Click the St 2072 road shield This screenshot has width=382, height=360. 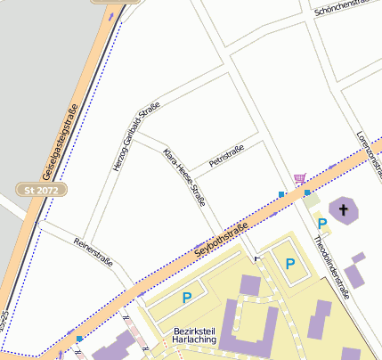(x=41, y=189)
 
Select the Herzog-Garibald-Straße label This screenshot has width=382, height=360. (x=135, y=136)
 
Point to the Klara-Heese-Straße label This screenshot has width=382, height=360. (x=185, y=177)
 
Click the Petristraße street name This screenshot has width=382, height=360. (x=225, y=157)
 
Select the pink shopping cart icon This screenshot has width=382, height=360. (x=299, y=179)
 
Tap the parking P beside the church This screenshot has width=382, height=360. (x=321, y=224)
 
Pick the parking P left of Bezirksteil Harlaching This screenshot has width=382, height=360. (x=186, y=298)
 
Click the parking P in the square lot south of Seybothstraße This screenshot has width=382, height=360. (x=289, y=264)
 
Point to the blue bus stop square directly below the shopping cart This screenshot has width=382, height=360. (x=282, y=194)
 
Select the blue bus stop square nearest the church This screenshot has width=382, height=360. (x=307, y=192)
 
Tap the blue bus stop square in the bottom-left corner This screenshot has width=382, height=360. (x=79, y=339)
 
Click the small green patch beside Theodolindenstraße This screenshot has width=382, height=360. (x=311, y=203)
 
